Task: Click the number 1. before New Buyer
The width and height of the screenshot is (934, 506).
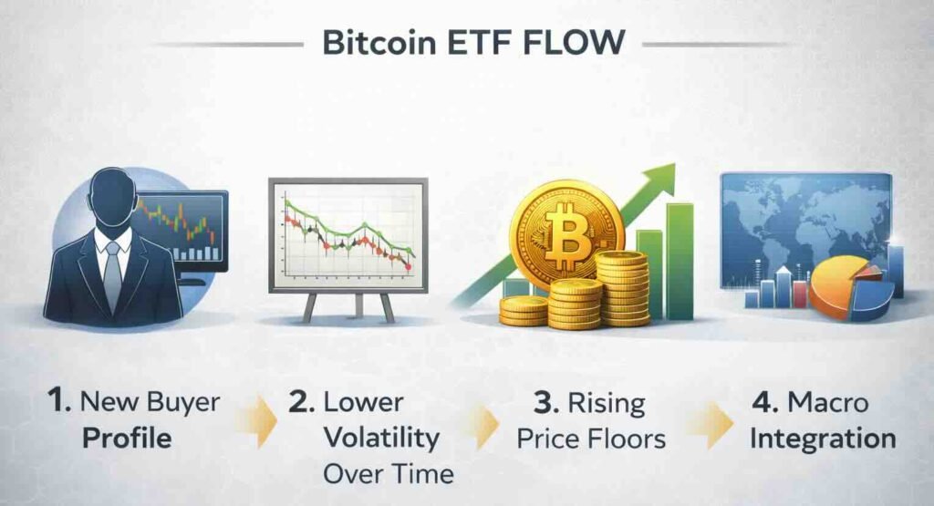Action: (58, 400)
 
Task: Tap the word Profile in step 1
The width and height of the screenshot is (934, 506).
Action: (127, 439)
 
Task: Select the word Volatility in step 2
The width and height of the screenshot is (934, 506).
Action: (382, 439)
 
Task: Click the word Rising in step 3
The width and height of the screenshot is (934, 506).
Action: (607, 404)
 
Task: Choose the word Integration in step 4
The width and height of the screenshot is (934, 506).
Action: (823, 439)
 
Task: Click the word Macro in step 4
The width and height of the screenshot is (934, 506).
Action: (828, 402)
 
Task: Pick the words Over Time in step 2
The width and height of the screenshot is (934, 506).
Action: (389, 474)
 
